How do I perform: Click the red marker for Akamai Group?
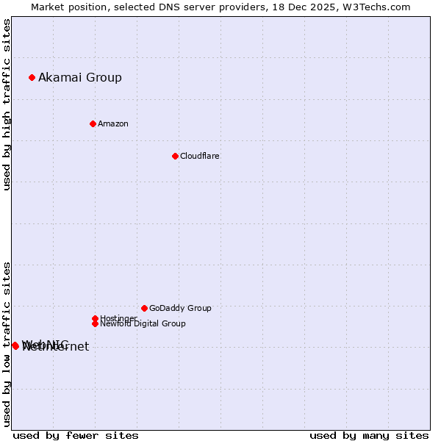(x=32, y=77)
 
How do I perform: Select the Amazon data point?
(x=93, y=123)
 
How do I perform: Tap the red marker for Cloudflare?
(x=175, y=156)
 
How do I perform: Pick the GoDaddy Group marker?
(x=144, y=308)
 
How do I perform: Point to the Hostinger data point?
(x=95, y=318)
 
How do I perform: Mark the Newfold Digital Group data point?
(x=95, y=323)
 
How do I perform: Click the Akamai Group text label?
(x=80, y=77)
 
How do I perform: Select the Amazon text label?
(x=113, y=123)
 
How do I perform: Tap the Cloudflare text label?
(x=200, y=156)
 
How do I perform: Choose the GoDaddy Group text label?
(x=180, y=308)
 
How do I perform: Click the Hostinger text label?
(x=118, y=318)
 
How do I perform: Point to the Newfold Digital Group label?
(x=143, y=323)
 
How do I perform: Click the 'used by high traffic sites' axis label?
(x=7, y=104)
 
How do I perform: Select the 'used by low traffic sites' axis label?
(x=7, y=343)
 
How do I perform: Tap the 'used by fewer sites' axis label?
(x=76, y=435)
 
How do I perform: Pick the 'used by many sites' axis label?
(x=369, y=435)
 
